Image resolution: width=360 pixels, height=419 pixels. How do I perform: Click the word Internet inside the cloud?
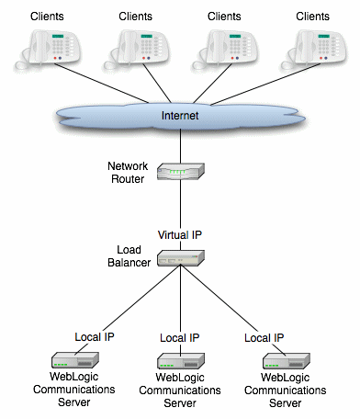coord(179,116)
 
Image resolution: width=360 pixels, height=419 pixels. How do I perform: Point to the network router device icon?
coord(180,173)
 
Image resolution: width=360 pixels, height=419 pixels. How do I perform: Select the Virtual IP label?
coord(179,235)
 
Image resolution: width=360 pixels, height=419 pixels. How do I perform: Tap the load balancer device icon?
coord(180,260)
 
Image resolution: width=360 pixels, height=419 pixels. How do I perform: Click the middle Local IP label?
coord(180,338)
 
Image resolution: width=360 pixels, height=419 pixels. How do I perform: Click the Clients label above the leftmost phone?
coord(47,16)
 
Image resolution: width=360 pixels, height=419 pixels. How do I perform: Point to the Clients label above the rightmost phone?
coord(312,16)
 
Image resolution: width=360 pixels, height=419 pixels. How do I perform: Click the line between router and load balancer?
coord(180,207)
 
